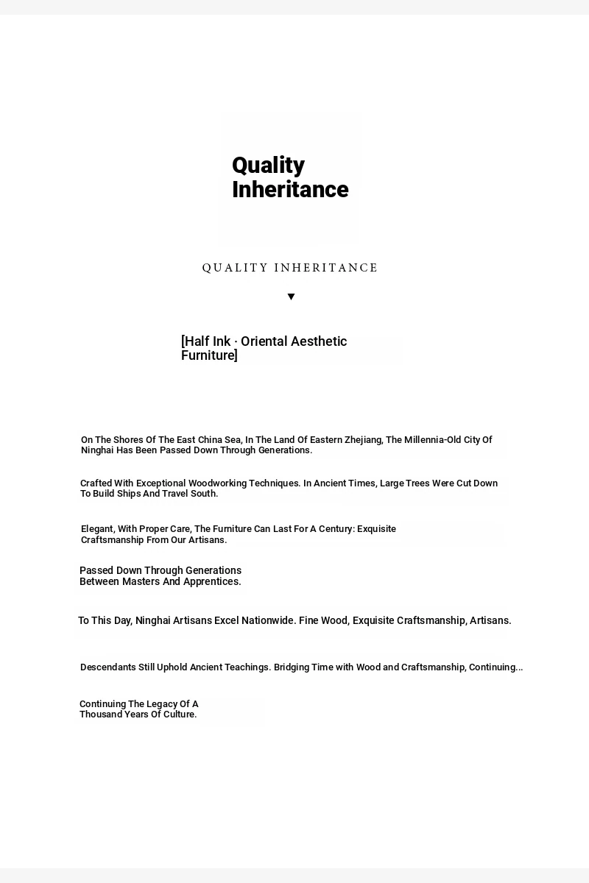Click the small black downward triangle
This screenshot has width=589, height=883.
point(291,297)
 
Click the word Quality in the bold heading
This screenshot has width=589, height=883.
point(268,165)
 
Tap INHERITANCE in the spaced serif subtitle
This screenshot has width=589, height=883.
point(325,268)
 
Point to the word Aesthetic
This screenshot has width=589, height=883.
point(319,341)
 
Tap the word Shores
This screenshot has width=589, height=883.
point(129,440)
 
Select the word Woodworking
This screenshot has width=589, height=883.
point(217,483)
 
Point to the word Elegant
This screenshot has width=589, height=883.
point(97,529)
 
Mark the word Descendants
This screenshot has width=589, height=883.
point(108,667)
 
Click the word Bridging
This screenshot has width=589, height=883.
point(292,667)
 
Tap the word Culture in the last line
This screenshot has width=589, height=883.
point(179,714)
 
